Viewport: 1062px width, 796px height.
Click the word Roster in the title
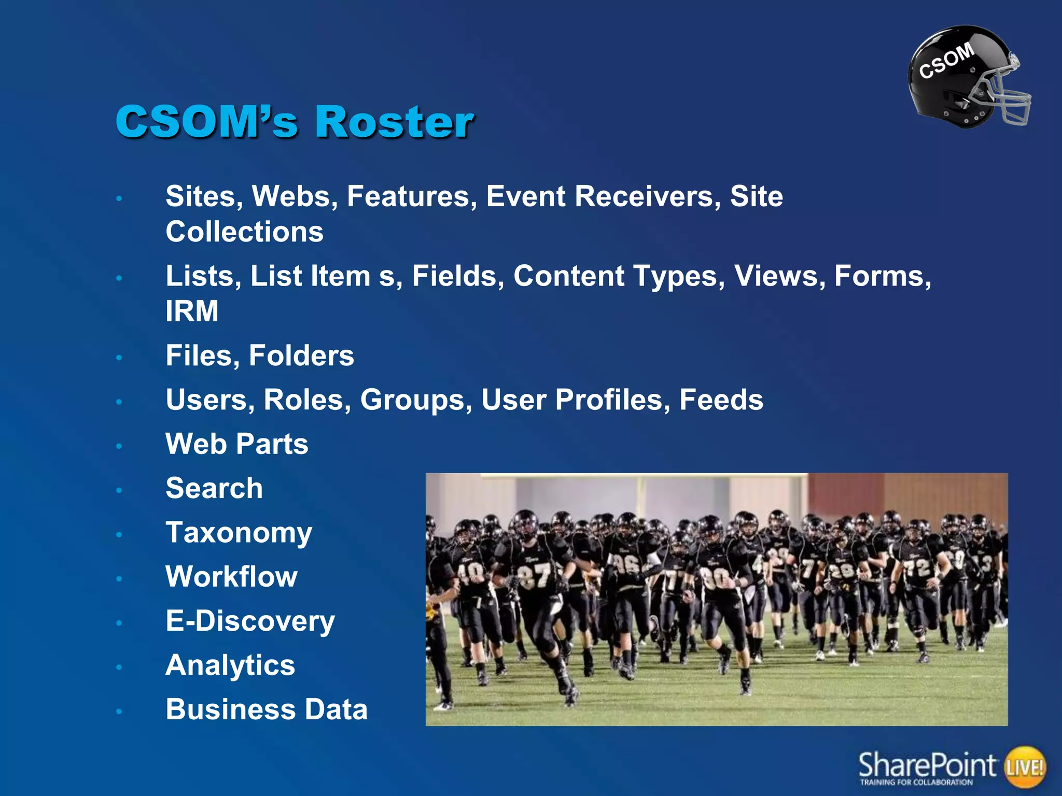[x=394, y=122]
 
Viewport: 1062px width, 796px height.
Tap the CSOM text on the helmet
[x=946, y=61]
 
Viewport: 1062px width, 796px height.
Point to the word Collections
[x=244, y=232]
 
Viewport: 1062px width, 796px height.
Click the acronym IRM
[x=192, y=311]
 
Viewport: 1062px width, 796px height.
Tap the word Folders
[x=301, y=356]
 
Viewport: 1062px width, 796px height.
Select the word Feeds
[x=721, y=400]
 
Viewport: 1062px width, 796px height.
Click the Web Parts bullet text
[x=236, y=444]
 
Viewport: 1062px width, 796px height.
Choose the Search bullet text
[x=214, y=488]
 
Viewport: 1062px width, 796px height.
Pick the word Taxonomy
[x=239, y=533]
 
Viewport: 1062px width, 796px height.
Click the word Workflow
[x=231, y=577]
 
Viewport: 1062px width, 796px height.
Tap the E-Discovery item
[x=250, y=621]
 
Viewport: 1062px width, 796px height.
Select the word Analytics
[x=230, y=665]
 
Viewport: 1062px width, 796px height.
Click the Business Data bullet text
[x=267, y=709]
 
